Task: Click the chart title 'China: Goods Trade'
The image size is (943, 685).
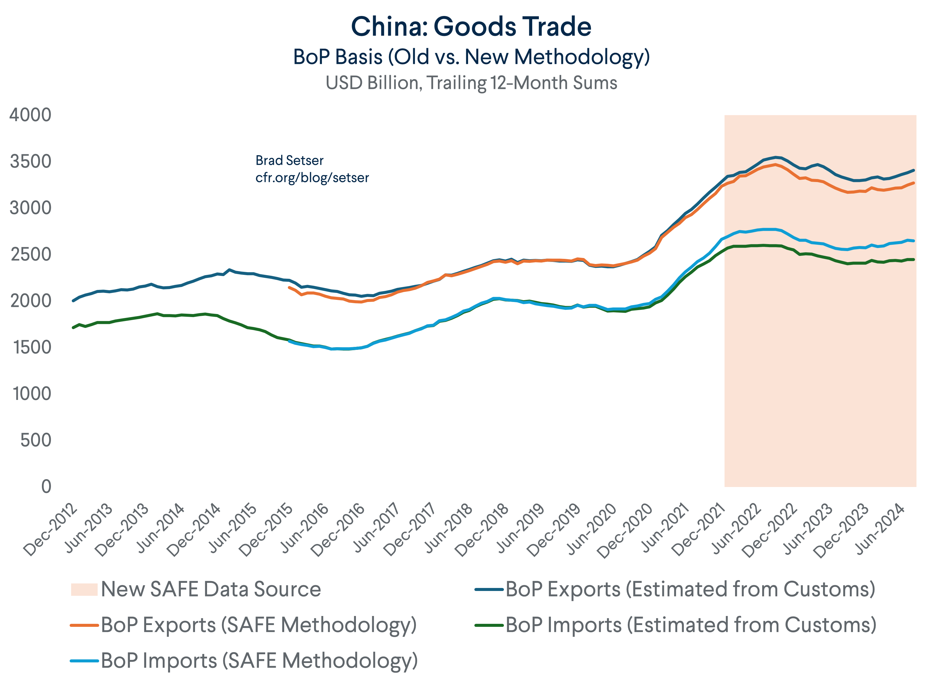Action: (x=471, y=27)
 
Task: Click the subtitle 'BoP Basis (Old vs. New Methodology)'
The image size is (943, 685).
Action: (x=471, y=57)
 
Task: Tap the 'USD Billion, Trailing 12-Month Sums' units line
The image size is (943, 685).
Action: (x=471, y=83)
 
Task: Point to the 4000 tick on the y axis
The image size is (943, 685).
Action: (x=30, y=115)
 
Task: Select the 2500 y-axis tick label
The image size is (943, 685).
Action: (x=30, y=255)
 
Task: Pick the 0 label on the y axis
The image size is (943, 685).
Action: (x=46, y=487)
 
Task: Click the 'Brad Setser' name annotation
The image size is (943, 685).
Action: (x=289, y=160)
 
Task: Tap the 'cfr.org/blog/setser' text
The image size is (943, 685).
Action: (x=312, y=178)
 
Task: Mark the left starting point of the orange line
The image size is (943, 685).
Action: (x=289, y=288)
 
